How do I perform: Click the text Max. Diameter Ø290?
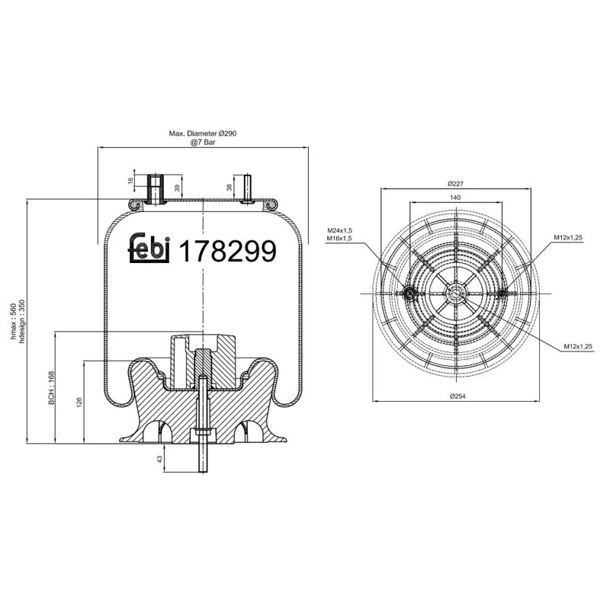(204, 133)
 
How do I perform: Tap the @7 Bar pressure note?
(204, 142)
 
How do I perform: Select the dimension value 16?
(131, 181)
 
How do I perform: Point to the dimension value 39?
(178, 188)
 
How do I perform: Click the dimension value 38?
(230, 187)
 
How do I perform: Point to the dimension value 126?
(79, 402)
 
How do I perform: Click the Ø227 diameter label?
(456, 184)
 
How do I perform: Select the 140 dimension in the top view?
(455, 197)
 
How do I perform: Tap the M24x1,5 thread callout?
(339, 230)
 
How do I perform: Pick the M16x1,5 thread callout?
(339, 239)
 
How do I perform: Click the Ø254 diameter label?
(456, 396)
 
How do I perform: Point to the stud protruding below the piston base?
(203, 457)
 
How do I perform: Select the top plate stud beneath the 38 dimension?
(248, 190)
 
